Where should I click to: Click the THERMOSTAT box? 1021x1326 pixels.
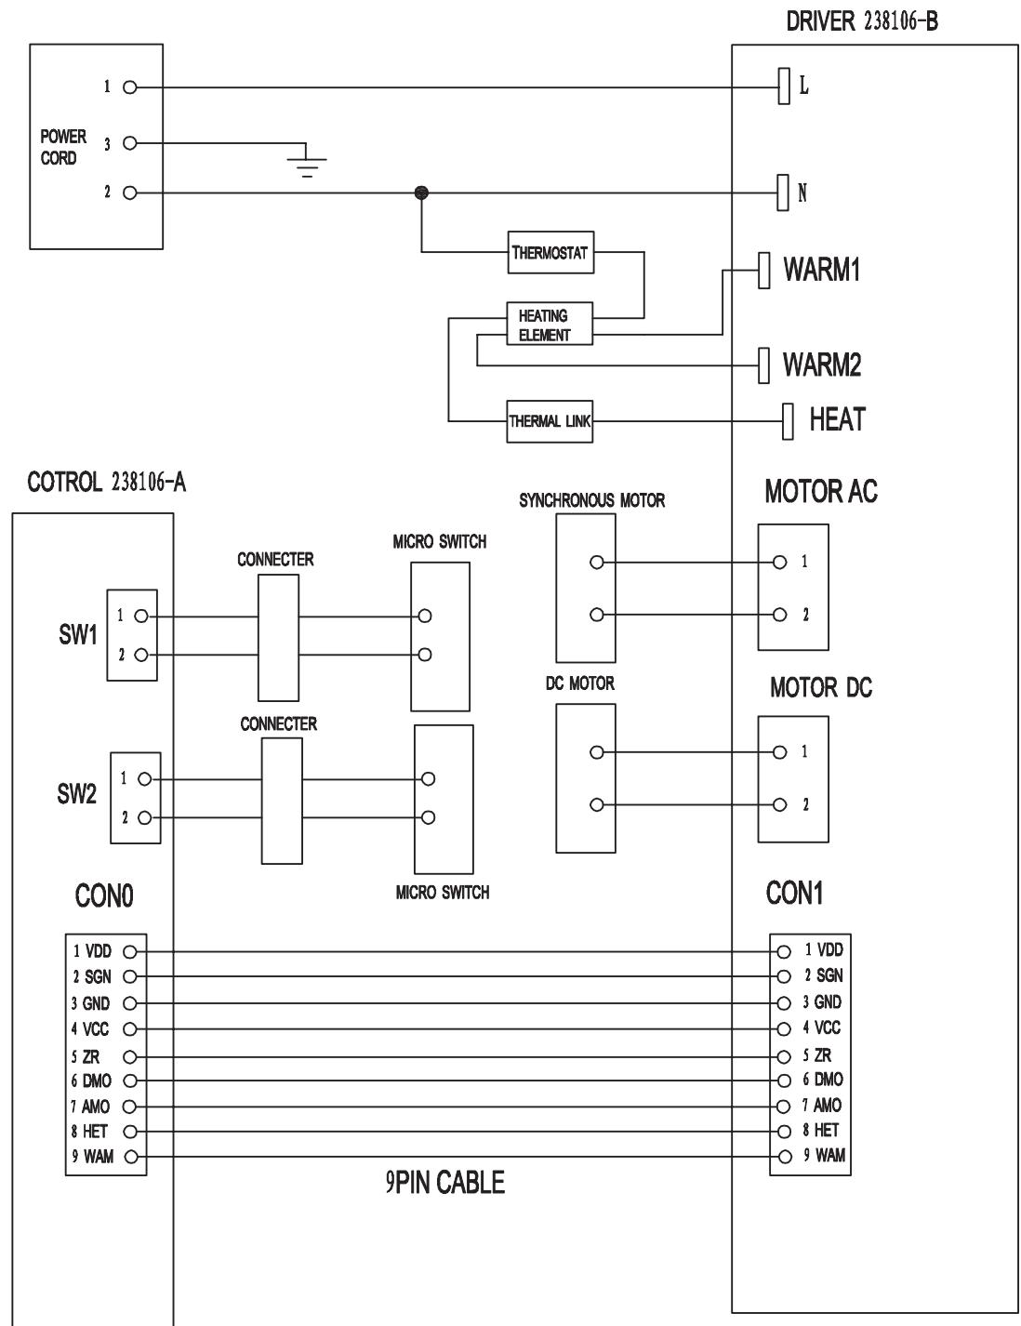point(550,253)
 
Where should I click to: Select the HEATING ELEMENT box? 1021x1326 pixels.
point(549,325)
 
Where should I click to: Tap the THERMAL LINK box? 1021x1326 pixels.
point(550,421)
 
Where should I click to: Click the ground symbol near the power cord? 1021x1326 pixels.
point(308,164)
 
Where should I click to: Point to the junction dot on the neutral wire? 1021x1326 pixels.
point(421,192)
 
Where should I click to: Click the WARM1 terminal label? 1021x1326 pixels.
point(821,271)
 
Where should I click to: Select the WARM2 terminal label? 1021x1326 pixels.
point(821,365)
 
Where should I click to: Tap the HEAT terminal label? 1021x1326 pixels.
point(837,419)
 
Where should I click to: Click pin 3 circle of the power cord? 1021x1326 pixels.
point(130,143)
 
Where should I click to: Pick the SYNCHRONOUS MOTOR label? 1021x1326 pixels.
point(591,500)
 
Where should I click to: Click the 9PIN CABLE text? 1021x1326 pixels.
point(445,1183)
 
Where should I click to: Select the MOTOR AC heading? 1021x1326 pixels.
point(820,493)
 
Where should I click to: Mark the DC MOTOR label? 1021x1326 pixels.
point(579,683)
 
